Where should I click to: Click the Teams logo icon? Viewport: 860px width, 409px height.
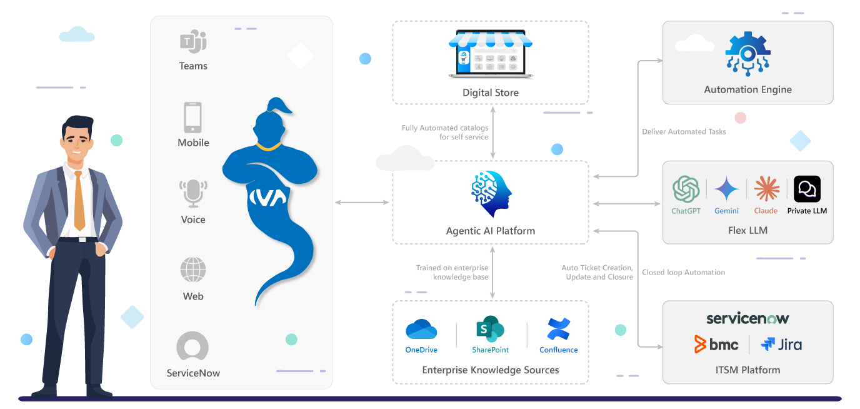click(x=193, y=43)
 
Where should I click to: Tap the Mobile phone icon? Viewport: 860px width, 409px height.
click(x=192, y=118)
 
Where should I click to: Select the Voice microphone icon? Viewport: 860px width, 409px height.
click(x=192, y=193)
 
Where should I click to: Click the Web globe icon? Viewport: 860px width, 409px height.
click(x=192, y=271)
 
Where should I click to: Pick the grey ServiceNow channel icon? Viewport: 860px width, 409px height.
click(x=192, y=346)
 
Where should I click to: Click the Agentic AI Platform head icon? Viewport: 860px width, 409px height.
click(x=491, y=193)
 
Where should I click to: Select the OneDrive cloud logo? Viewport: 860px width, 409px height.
click(x=421, y=330)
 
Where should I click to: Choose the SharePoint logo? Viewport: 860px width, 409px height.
click(x=490, y=330)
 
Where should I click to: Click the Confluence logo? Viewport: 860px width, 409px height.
click(x=558, y=329)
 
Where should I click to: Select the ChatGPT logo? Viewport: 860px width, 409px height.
click(x=686, y=189)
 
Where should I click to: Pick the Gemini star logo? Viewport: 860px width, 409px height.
click(x=726, y=189)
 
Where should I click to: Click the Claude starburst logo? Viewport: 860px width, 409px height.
click(x=766, y=189)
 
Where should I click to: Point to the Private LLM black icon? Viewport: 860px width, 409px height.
click(x=807, y=189)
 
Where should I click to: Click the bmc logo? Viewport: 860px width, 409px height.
click(x=716, y=344)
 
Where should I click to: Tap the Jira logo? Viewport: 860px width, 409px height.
click(x=781, y=344)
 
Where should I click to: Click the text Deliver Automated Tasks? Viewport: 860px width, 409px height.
click(x=684, y=132)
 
